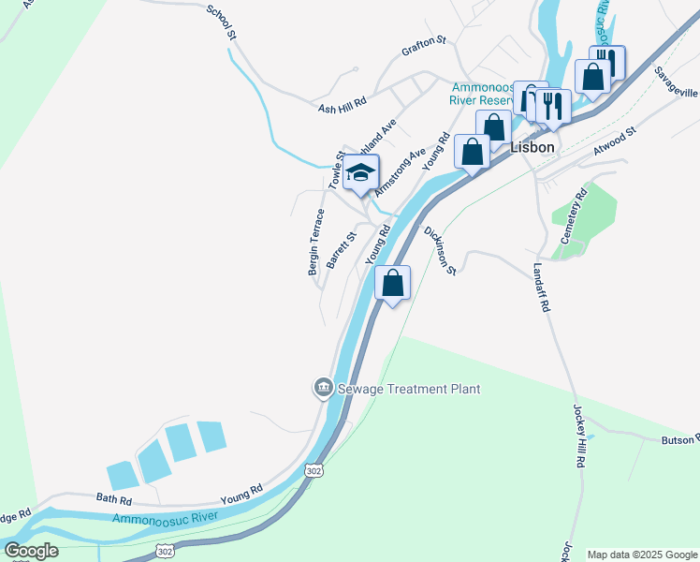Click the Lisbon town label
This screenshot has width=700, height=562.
[x=533, y=148]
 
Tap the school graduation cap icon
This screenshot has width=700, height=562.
[x=360, y=172]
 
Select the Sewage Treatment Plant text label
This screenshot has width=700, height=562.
[x=408, y=389]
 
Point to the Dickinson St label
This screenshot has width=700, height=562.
[x=440, y=250]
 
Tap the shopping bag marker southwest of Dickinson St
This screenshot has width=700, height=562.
[x=393, y=282]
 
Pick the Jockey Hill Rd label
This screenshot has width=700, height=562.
[x=579, y=436]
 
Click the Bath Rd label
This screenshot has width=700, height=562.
[x=110, y=499]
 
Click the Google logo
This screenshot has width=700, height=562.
[x=31, y=551]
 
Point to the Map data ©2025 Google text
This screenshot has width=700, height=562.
[x=641, y=555]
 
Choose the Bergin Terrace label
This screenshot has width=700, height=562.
[x=315, y=242]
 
